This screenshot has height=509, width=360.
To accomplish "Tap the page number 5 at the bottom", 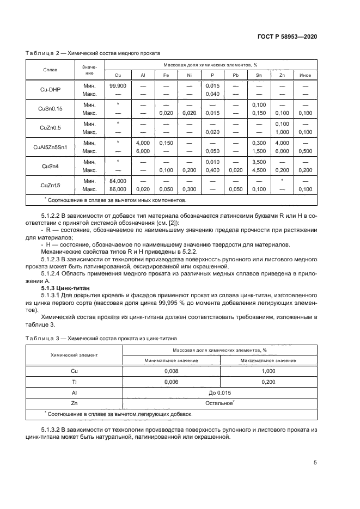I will click(315, 463).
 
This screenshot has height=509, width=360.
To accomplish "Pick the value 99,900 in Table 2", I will click(118, 86).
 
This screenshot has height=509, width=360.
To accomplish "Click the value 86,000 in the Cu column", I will click(118, 189).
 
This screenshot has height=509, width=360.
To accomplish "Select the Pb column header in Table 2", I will click(235, 75).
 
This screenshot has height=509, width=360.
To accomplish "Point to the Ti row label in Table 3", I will click(74, 382).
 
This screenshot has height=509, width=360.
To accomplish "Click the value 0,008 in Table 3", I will click(172, 371).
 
